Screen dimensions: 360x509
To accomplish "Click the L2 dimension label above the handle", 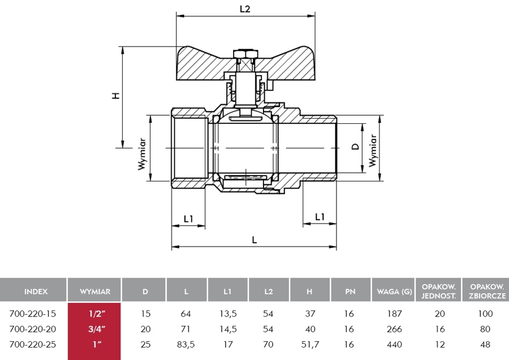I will coord(245,9).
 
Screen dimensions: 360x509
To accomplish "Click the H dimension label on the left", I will coord(115,96).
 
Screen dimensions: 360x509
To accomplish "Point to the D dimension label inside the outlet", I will coord(355,146).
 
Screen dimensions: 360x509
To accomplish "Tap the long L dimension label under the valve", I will coord(255,240).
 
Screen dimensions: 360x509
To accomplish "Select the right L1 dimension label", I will coord(320,216).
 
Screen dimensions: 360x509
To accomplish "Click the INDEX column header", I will coord(36,292).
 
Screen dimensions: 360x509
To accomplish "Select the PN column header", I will coord(350,292).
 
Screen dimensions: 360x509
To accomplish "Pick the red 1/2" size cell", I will coord(94,314).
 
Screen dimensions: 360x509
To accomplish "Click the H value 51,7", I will coord(309,343).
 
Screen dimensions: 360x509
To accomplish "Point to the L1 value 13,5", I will coord(227,314).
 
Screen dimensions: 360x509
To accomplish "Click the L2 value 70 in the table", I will coord(269,343).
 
